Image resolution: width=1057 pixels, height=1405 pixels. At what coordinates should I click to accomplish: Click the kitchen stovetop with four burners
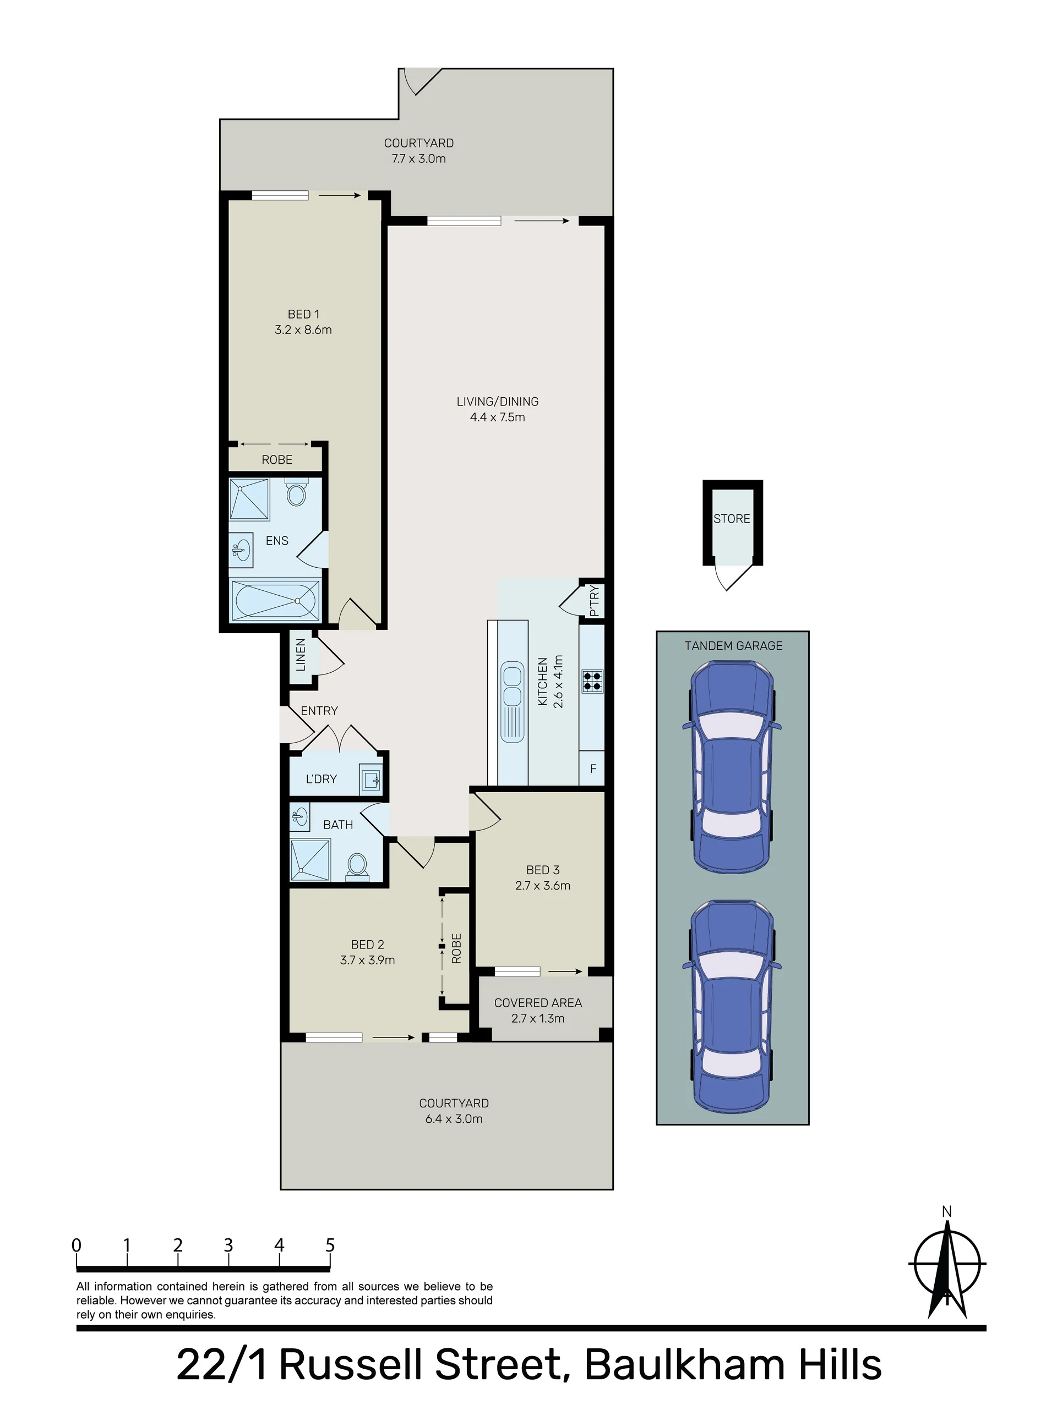click(592, 680)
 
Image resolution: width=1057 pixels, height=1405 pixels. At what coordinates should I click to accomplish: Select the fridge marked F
click(592, 769)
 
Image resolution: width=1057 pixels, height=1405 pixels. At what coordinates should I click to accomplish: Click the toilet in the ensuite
click(296, 492)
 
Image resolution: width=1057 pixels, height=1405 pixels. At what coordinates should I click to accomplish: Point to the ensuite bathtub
click(275, 600)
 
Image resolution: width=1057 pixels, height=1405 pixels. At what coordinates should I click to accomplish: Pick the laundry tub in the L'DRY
click(371, 779)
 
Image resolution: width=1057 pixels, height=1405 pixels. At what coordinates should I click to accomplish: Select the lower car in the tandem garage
click(732, 1006)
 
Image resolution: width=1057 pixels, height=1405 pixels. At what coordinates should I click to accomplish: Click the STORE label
click(732, 519)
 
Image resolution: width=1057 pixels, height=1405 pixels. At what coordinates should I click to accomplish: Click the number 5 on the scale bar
click(330, 1245)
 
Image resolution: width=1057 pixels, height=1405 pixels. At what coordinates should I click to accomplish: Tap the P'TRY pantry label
click(593, 601)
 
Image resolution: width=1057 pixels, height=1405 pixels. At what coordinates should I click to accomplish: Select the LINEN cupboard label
click(301, 655)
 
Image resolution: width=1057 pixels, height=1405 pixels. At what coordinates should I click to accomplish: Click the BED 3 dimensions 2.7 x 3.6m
click(543, 886)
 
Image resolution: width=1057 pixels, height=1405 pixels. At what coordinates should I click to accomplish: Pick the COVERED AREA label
click(538, 1003)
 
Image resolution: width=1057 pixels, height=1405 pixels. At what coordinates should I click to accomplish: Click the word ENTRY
click(319, 711)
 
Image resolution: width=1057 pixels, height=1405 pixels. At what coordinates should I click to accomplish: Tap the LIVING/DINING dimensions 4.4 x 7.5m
click(498, 418)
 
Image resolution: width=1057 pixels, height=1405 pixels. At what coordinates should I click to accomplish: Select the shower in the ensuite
click(250, 500)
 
